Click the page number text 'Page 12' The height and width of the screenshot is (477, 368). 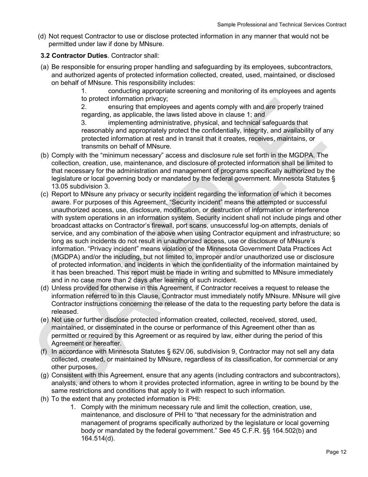(x=336, y=452)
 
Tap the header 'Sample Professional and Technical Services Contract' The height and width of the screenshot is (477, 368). (x=282, y=24)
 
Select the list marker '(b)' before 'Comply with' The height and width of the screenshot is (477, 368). (x=45, y=156)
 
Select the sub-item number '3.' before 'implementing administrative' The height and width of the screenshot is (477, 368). (x=84, y=123)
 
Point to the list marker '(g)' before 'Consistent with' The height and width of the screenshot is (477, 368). (x=45, y=375)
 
